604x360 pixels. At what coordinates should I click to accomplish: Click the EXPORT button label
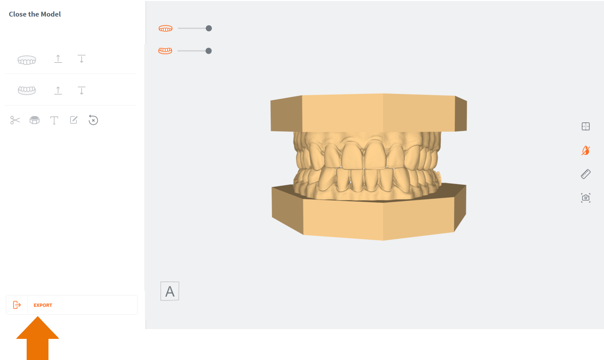tap(43, 305)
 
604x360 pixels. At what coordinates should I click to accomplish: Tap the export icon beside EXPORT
tap(17, 305)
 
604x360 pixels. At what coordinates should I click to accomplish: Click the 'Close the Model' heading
tap(35, 14)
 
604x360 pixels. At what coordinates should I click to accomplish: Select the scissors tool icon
tap(15, 120)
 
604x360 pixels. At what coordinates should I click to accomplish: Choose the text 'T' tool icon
tap(54, 120)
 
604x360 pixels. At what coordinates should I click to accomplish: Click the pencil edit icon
tap(74, 120)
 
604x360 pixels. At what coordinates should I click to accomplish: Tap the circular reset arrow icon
tap(93, 120)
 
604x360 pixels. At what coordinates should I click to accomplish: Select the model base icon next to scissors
tap(34, 120)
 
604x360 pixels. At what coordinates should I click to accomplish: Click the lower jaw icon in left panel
tap(27, 90)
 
